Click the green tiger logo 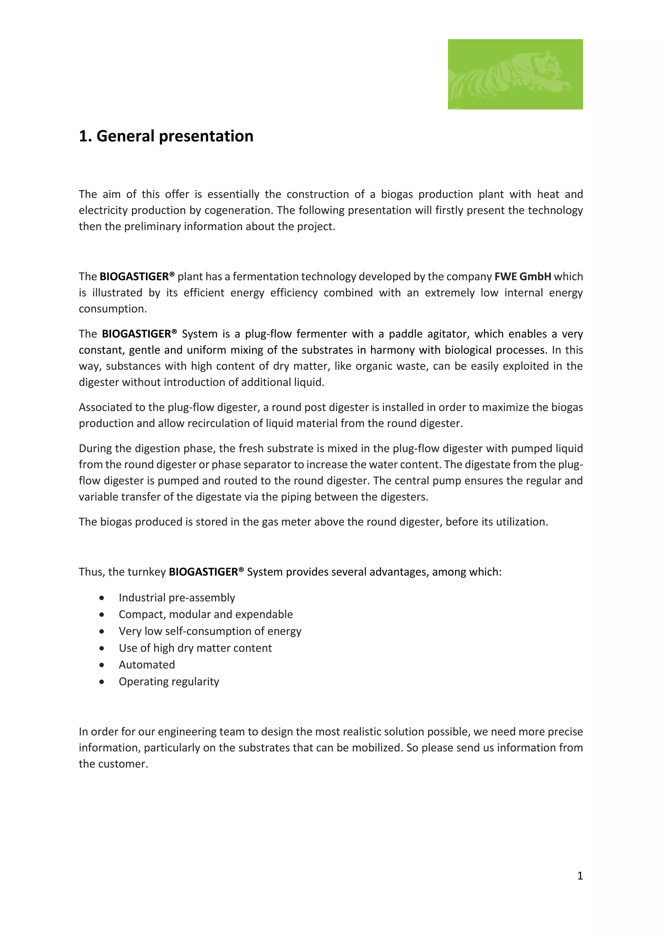515,74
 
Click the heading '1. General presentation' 166,136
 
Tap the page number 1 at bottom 580,876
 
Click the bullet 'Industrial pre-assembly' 176,598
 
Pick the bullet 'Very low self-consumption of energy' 209,631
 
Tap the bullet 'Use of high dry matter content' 195,648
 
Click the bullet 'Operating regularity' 169,681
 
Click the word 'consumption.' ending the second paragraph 112,309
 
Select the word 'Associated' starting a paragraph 104,407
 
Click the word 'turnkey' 147,572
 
